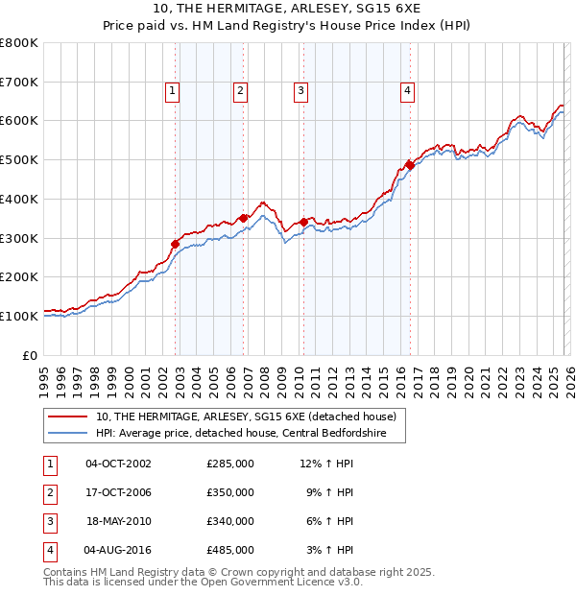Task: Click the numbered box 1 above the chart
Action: pyautogui.click(x=172, y=91)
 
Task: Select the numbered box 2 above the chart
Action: pyautogui.click(x=240, y=91)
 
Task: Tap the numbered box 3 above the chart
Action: pyautogui.click(x=300, y=91)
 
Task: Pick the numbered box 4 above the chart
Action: pyautogui.click(x=407, y=91)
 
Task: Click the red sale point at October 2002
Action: pyautogui.click(x=176, y=244)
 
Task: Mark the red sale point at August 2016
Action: pyautogui.click(x=410, y=165)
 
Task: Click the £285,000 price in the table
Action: pyautogui.click(x=230, y=464)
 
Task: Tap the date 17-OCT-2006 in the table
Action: pyautogui.click(x=118, y=492)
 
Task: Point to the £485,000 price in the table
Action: pyautogui.click(x=230, y=551)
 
